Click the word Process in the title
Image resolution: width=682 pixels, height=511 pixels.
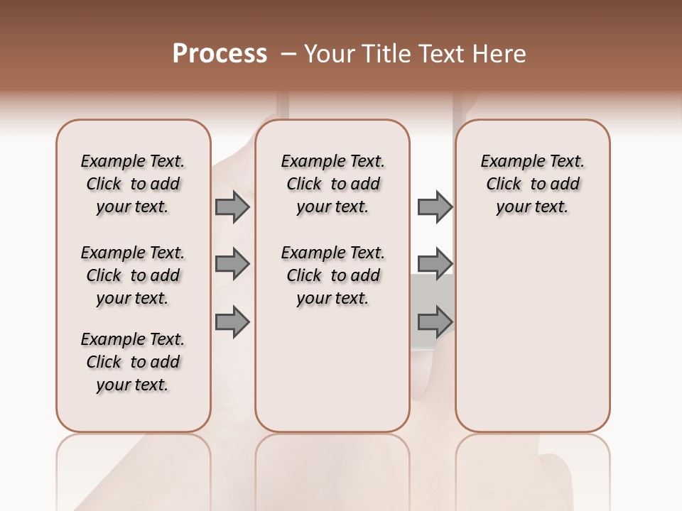[x=220, y=54]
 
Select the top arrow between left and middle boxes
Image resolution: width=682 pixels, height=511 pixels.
[x=232, y=207]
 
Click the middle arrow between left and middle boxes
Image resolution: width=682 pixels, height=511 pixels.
[x=232, y=264]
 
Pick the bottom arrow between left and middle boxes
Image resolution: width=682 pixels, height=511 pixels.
[x=232, y=322]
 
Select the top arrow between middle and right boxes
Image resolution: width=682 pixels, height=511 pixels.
[x=435, y=207]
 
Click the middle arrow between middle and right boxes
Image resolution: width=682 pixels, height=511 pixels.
[x=435, y=264]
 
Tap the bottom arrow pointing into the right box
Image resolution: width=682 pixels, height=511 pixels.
[x=435, y=322]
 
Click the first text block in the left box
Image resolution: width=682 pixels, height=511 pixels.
[x=133, y=184]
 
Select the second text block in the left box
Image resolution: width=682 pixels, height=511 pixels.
[x=133, y=275]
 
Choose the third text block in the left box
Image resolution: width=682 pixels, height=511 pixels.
[x=133, y=362]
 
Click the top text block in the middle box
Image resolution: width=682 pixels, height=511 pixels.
[x=332, y=184]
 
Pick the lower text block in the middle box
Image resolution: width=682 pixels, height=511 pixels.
[x=332, y=275]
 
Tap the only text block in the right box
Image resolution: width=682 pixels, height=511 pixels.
[x=532, y=184]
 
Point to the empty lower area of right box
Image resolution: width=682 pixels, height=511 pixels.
[x=532, y=334]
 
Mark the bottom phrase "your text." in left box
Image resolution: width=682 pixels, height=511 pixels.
[x=133, y=385]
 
